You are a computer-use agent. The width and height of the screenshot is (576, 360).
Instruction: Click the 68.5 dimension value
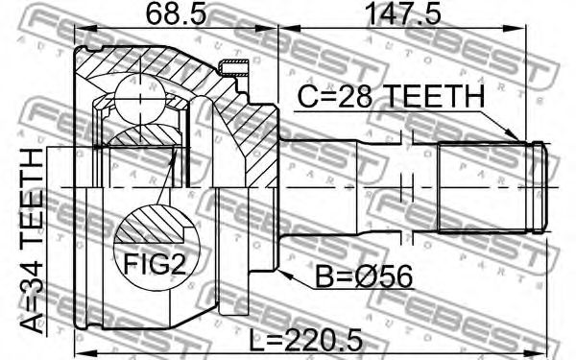176,13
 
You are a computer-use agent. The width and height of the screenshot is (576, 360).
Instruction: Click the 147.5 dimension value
404,13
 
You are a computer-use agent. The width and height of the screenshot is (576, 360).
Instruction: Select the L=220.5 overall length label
305,341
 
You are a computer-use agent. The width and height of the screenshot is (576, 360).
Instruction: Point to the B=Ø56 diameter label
364,277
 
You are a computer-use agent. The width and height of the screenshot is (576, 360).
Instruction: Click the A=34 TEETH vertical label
32,242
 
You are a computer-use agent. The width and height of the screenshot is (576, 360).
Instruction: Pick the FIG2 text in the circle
155,264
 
